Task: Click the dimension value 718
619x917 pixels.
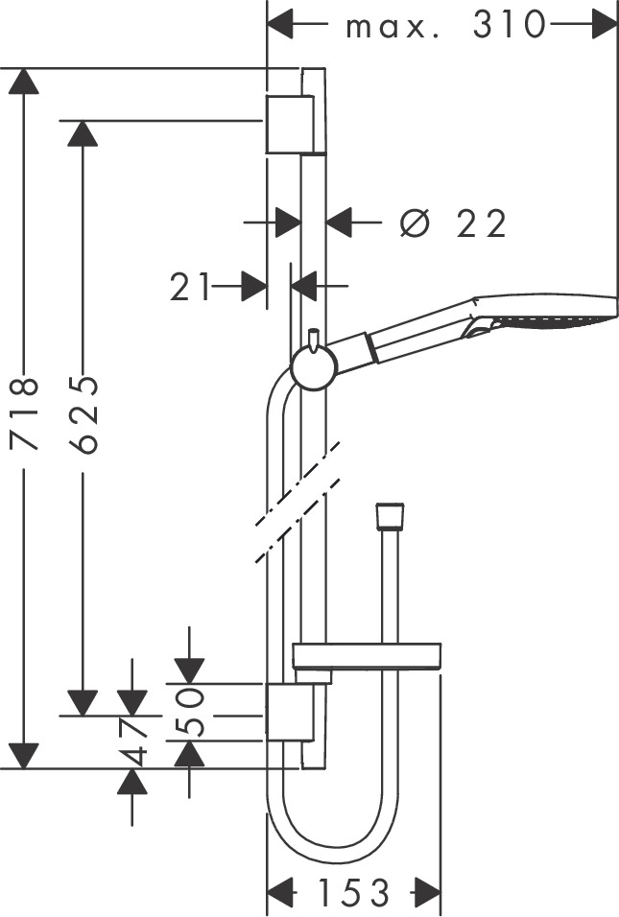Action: tap(24, 413)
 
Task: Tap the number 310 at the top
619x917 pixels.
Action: tap(509, 26)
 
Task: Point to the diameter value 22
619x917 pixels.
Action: tap(481, 224)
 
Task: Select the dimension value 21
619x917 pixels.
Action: tap(190, 286)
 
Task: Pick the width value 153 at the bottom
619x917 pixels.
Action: tap(354, 892)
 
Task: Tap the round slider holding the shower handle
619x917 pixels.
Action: tap(313, 367)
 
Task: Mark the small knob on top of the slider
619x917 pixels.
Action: tap(312, 339)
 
